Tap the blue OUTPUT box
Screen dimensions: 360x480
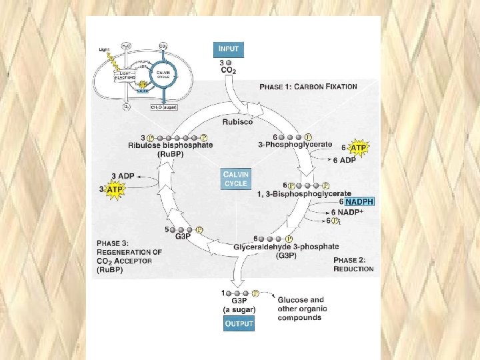coord(238,324)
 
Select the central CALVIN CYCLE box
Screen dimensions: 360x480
coord(236,179)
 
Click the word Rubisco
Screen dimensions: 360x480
coord(237,122)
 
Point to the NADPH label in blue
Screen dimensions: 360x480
coord(360,201)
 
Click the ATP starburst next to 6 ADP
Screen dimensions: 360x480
coord(358,148)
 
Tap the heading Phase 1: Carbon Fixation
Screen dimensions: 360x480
coord(308,87)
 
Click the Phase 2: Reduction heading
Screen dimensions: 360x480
coord(353,264)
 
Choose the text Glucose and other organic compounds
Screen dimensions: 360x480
coord(300,309)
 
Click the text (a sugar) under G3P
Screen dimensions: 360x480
coord(239,309)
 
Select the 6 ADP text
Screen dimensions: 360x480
coord(344,160)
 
